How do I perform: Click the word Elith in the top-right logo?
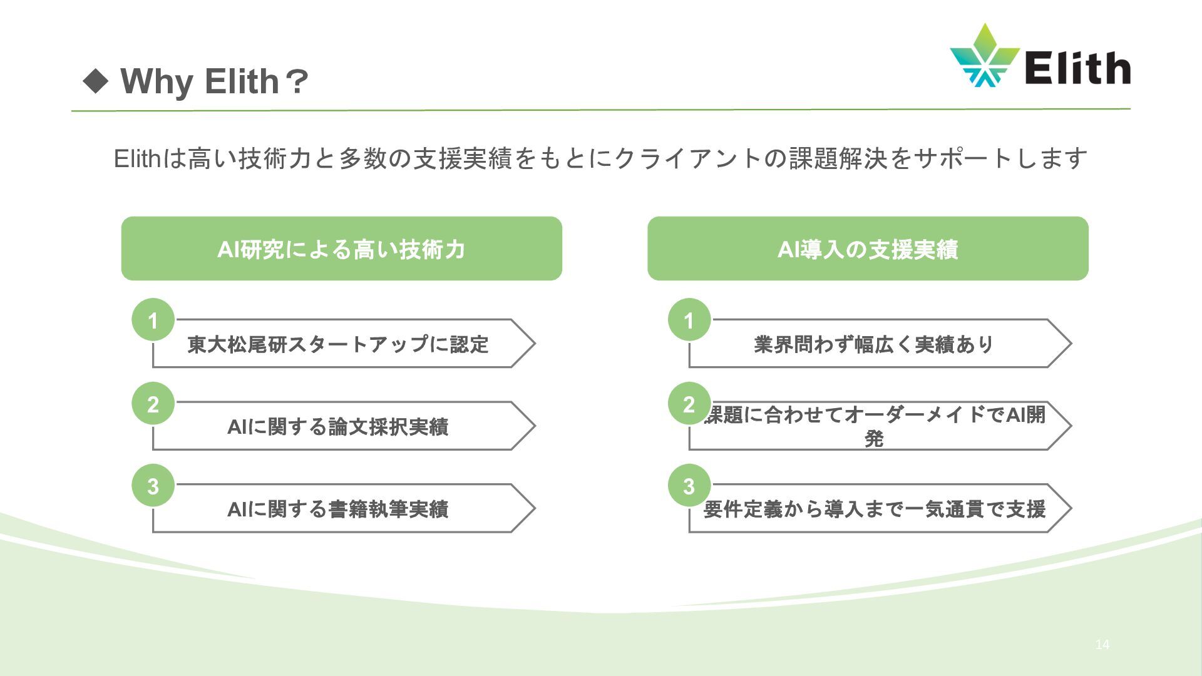click(x=1077, y=68)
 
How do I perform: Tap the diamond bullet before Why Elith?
click(x=96, y=81)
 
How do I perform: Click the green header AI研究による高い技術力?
click(x=341, y=249)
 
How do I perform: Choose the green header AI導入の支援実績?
click(x=868, y=249)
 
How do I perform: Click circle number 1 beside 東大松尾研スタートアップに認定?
click(x=153, y=320)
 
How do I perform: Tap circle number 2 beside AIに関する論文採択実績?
click(x=153, y=404)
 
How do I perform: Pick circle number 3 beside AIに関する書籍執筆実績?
click(x=153, y=486)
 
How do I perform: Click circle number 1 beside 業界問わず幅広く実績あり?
click(x=689, y=320)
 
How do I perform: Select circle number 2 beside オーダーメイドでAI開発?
click(x=689, y=404)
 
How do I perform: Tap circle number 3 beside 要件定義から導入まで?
click(x=689, y=486)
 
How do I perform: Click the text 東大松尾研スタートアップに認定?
click(x=338, y=344)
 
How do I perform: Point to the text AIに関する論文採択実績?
click(x=338, y=427)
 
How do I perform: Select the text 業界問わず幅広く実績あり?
click(x=874, y=344)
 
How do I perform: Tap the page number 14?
click(x=1102, y=645)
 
